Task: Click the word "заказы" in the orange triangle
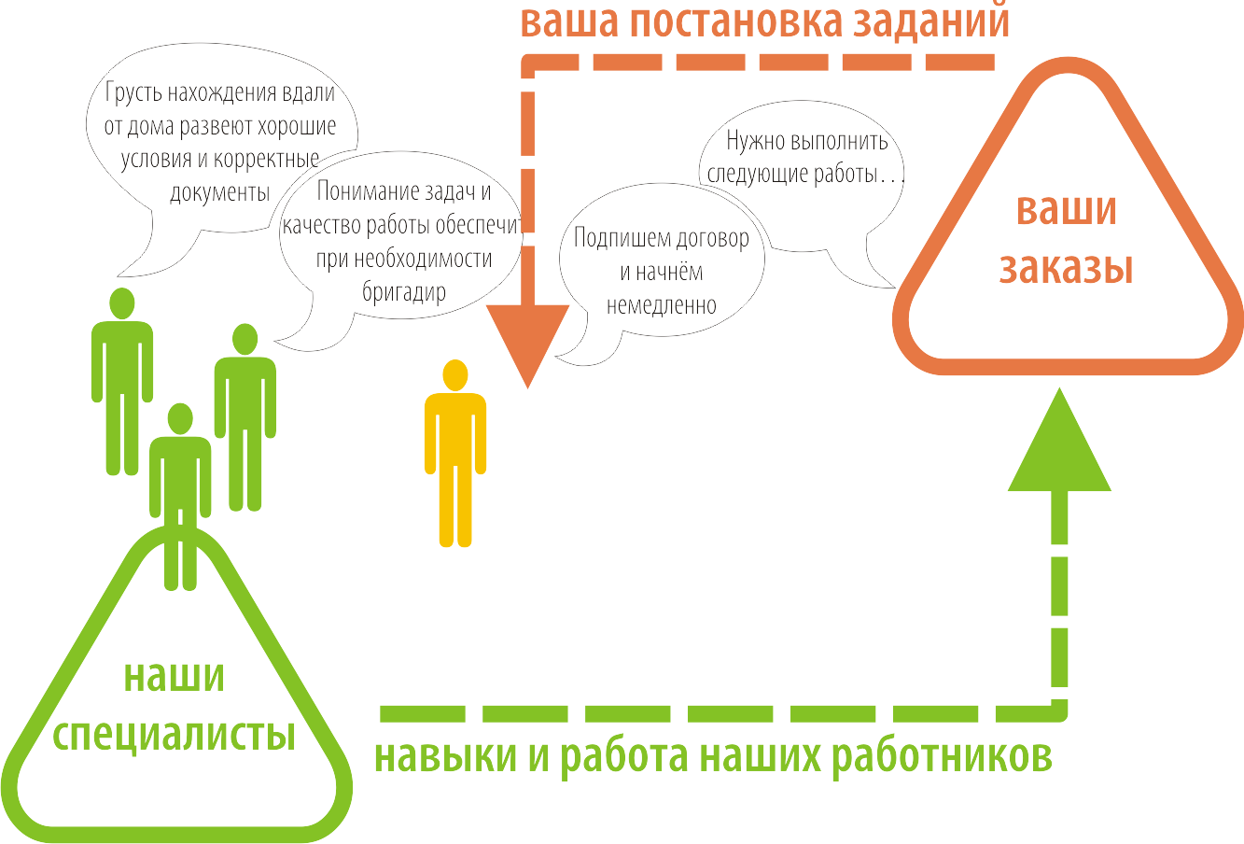tap(1067, 268)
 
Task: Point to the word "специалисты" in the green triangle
tap(175, 735)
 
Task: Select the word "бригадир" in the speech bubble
tap(404, 291)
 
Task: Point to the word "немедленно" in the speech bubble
tap(661, 305)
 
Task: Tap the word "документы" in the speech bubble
tap(219, 192)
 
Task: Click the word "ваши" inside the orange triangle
tap(1067, 209)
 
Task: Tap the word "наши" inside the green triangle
tap(175, 676)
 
